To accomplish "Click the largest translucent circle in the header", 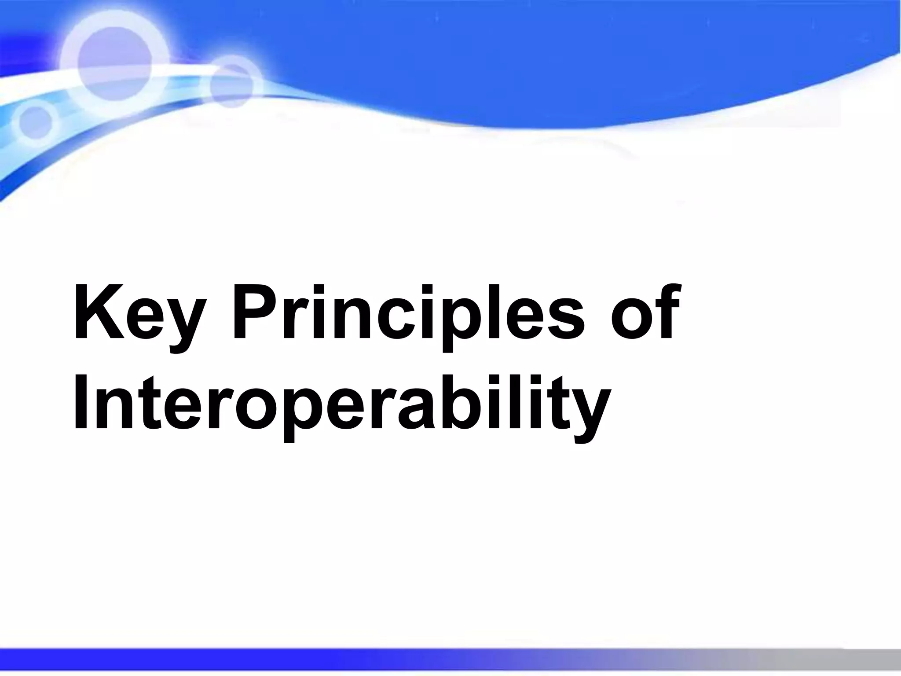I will pos(114,62).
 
